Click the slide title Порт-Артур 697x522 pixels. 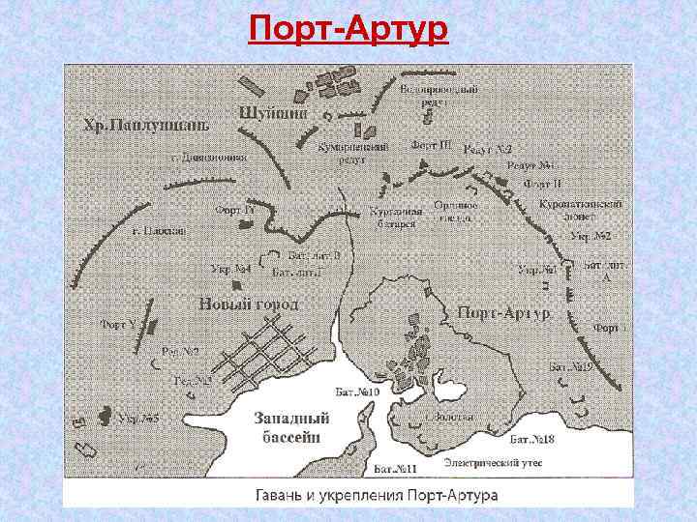point(348,30)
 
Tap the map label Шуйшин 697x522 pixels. point(273,112)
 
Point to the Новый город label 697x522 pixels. point(248,304)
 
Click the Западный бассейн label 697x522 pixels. point(291,427)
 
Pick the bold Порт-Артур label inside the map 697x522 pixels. point(504,313)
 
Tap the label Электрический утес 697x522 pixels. point(493,464)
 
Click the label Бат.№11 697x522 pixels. point(395,470)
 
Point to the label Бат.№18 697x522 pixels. point(532,440)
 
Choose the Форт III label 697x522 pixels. point(432,145)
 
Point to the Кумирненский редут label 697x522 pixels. point(353,152)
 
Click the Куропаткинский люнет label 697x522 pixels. point(581,212)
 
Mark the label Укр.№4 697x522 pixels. point(230,268)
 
